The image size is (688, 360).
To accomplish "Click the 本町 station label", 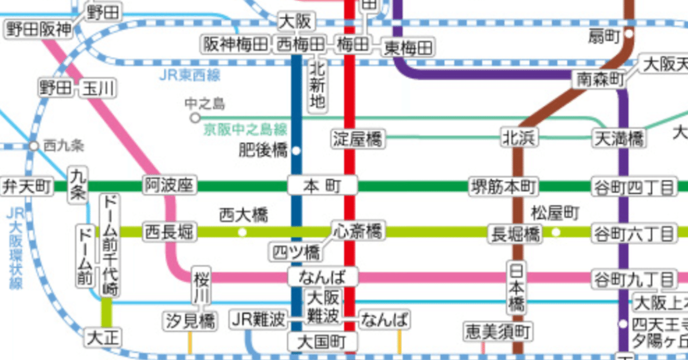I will pos(322,186).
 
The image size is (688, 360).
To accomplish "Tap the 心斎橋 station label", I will pos(358,232).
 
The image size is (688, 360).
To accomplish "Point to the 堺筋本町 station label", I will pos(504,186).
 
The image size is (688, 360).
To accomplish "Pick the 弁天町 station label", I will pos(27,186).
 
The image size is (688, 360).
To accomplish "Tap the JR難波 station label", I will pos(258,320).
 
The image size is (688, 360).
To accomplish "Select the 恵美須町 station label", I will pos(498,331).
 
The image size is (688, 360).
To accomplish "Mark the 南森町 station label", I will pos(600,80).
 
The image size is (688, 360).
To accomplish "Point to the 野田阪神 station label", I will pos(38,30).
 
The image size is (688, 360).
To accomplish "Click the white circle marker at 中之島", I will pos(195,118).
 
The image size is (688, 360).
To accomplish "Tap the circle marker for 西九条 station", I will pos(34,146).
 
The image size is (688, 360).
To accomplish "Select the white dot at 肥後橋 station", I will pos(296,151).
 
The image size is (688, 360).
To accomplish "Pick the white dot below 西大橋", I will pos(243,232).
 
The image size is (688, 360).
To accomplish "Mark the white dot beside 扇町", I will pos(629,34).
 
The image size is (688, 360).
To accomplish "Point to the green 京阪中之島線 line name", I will pos(245,130).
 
